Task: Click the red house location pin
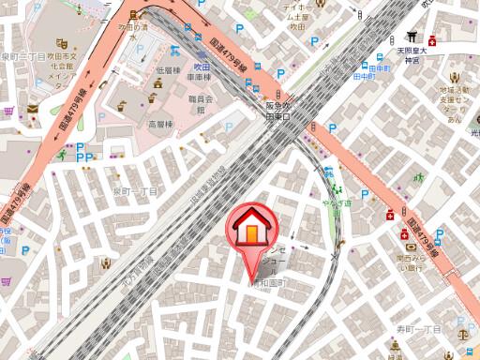[x=250, y=230]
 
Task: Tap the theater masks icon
[x=61, y=43]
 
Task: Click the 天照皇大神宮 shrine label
[x=412, y=54]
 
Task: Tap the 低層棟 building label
[x=169, y=71]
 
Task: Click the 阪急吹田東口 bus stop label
[x=273, y=112]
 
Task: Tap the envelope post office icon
[x=32, y=108]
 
